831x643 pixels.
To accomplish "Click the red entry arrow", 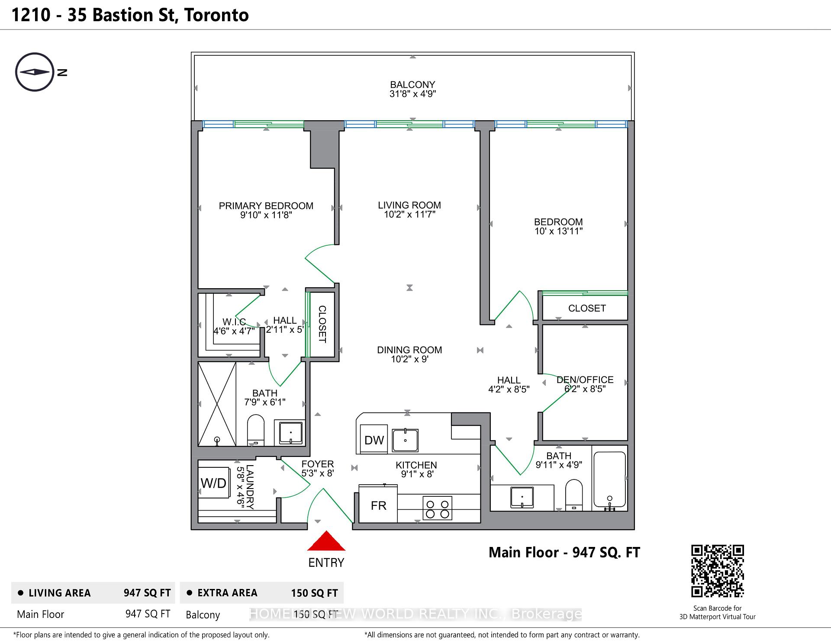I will pyautogui.click(x=326, y=542).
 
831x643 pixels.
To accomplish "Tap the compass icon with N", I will pyautogui.click(x=35, y=72).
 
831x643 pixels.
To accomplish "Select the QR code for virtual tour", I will pyautogui.click(x=717, y=571).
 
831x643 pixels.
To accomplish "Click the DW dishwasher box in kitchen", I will pyautogui.click(x=374, y=440).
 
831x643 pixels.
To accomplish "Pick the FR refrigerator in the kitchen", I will pyautogui.click(x=378, y=505).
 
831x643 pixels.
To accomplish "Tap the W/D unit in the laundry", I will pyautogui.click(x=214, y=483).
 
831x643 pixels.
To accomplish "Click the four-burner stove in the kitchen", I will pyautogui.click(x=437, y=508).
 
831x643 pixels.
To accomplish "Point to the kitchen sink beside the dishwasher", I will pyautogui.click(x=405, y=440).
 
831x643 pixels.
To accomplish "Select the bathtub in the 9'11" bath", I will pyautogui.click(x=609, y=479).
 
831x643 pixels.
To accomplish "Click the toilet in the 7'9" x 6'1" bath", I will pyautogui.click(x=255, y=430).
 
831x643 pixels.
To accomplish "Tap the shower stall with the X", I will pyautogui.click(x=217, y=404).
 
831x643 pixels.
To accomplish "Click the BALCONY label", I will pyautogui.click(x=412, y=85).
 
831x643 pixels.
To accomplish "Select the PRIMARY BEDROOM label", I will pyautogui.click(x=266, y=206).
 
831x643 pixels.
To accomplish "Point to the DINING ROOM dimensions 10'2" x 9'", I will pyautogui.click(x=409, y=359).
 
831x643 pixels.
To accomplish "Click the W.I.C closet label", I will pyautogui.click(x=234, y=322).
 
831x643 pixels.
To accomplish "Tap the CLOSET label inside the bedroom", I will pyautogui.click(x=586, y=308).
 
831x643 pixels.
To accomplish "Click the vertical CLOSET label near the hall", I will pyautogui.click(x=322, y=324).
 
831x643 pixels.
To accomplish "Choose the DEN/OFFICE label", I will pyautogui.click(x=585, y=379).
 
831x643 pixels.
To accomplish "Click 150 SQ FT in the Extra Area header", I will pyautogui.click(x=314, y=593).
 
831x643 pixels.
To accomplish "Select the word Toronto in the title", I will pyautogui.click(x=216, y=15).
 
